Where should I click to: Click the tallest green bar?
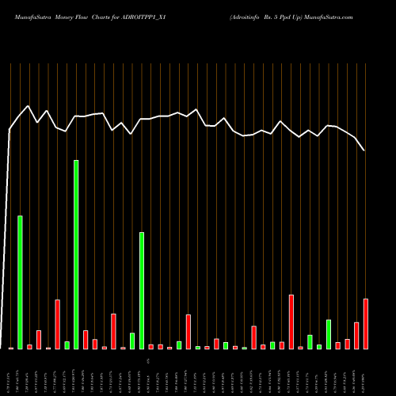(x=76, y=253)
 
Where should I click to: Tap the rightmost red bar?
(x=366, y=323)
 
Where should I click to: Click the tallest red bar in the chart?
(x=291, y=321)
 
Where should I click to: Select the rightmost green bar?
(x=329, y=334)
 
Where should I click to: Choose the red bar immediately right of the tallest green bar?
(x=86, y=339)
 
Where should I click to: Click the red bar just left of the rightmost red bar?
(x=356, y=335)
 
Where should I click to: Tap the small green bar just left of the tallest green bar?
(x=67, y=345)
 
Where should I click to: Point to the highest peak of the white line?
(x=29, y=105)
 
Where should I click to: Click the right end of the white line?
(x=364, y=150)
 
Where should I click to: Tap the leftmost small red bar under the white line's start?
(x=11, y=348)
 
